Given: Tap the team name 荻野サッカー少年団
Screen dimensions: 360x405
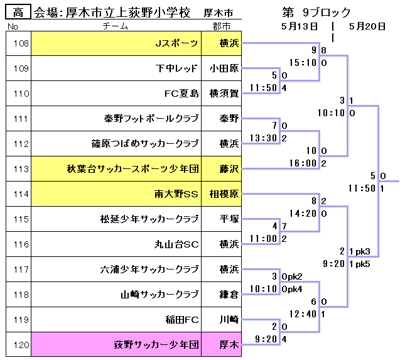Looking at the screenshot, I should (x=156, y=345).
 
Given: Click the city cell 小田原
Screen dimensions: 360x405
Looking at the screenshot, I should (x=224, y=69).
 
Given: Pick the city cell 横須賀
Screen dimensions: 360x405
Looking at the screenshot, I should (x=224, y=94).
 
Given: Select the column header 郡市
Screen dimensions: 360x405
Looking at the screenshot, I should (x=220, y=26).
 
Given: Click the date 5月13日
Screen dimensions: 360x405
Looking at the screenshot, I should (x=301, y=26).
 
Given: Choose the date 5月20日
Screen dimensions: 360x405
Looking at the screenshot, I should (x=367, y=26).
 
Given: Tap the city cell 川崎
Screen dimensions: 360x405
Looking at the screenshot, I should (x=224, y=320).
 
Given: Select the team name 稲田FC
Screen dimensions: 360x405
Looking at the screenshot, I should (x=183, y=320).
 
